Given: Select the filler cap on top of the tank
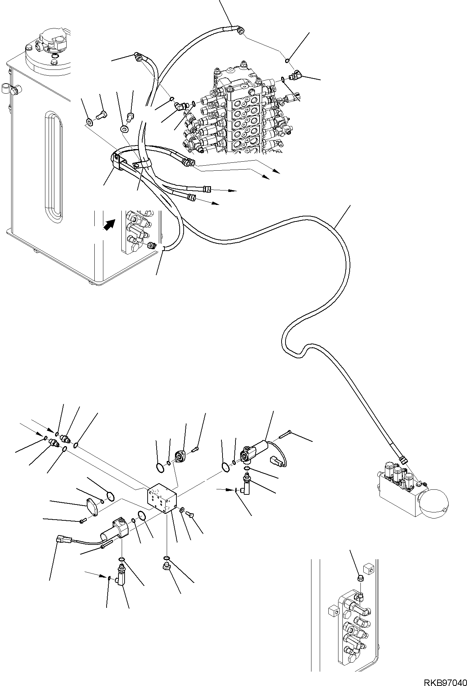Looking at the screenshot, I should tap(54, 40).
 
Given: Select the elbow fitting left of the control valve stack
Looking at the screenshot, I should tap(180, 105).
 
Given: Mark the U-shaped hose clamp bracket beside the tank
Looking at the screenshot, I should tap(117, 161).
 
